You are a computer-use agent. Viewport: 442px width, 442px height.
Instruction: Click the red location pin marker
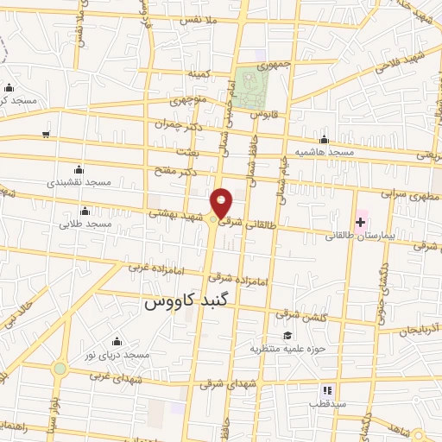[x=223, y=204]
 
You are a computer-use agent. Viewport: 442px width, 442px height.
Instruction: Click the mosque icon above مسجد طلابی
[x=85, y=212]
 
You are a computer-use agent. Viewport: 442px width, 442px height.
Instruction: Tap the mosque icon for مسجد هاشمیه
[x=325, y=139]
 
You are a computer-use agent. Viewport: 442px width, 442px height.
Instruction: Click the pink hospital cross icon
[x=360, y=222]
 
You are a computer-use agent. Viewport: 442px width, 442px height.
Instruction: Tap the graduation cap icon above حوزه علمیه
[x=287, y=336]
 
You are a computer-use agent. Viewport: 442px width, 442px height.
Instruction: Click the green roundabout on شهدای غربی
[x=60, y=369]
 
